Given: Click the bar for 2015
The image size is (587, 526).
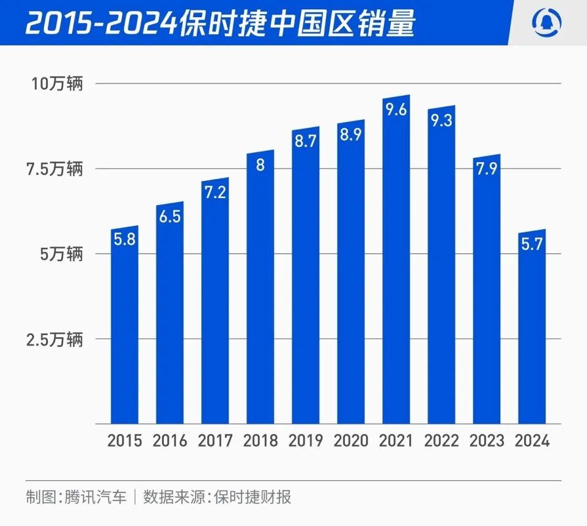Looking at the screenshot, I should point(125,330).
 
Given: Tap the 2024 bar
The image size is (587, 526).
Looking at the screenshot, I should point(532,330).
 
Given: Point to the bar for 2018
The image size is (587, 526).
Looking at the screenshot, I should point(260,294).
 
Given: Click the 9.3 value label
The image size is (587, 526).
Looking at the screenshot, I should point(441,121).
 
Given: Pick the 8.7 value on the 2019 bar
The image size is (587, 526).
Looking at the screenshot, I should point(306,143).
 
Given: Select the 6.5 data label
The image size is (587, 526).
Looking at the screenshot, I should point(170,217).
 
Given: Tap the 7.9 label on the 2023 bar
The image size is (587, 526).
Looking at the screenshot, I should point(487,169).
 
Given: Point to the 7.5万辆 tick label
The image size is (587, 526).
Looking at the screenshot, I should point(54,169).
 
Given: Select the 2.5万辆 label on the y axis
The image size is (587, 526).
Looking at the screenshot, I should point(54,339).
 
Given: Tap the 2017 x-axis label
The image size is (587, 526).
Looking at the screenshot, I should point(215,441).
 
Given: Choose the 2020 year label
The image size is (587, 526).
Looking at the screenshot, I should point(351,441).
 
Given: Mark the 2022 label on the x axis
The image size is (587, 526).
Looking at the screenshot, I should point(441,441).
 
